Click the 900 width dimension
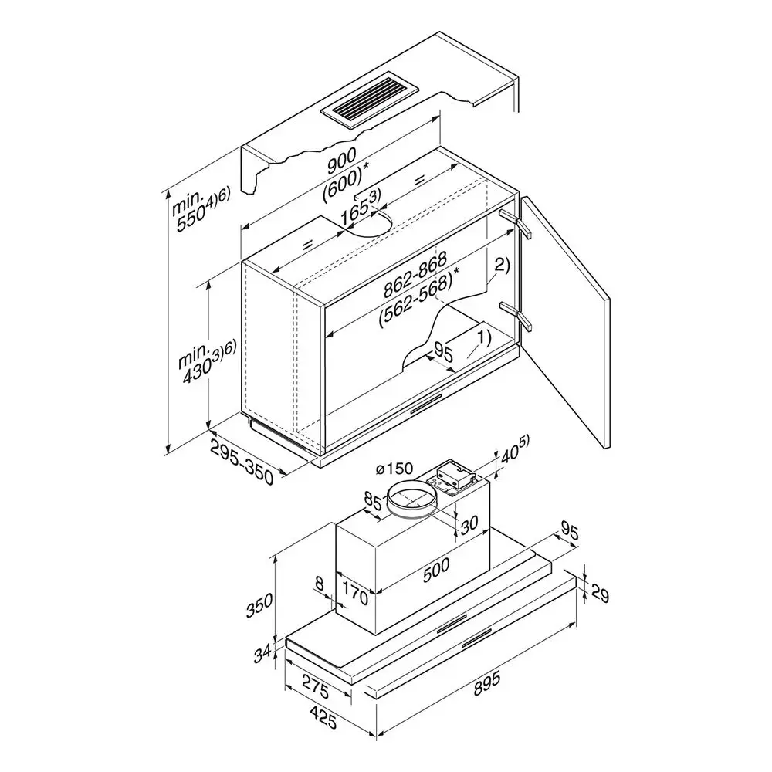point(342,161)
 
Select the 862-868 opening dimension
point(415,274)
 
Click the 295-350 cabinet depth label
point(242,462)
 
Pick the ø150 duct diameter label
point(394,469)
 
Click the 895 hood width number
point(486,683)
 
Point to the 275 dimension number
point(315,686)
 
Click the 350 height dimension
point(260,607)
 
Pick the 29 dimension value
point(599,594)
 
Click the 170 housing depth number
point(355,594)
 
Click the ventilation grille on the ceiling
point(369,103)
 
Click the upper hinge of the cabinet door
point(515,224)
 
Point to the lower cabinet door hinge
point(515,316)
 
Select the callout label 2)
point(502,266)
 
